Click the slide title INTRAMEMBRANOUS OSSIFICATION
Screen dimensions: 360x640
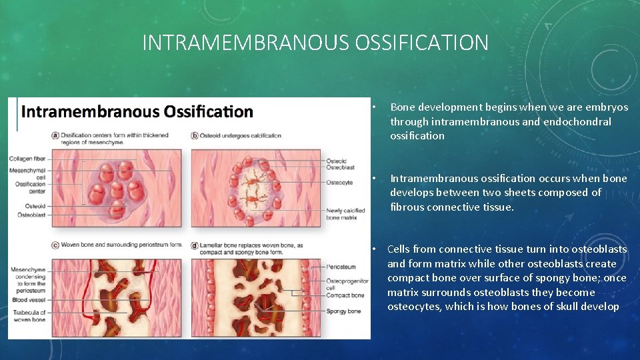click(x=315, y=43)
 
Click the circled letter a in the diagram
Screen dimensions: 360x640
click(x=55, y=135)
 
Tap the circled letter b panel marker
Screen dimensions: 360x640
click(x=195, y=135)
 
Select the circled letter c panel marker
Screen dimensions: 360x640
click(x=55, y=244)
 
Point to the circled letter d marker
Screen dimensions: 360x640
click(x=195, y=244)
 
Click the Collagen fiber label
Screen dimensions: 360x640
click(x=29, y=159)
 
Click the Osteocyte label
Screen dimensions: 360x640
click(x=340, y=182)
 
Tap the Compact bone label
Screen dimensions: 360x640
click(x=346, y=295)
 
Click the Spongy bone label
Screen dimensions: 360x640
click(x=344, y=311)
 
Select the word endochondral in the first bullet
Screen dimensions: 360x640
click(x=577, y=121)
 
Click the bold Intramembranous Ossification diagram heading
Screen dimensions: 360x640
click(x=137, y=111)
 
